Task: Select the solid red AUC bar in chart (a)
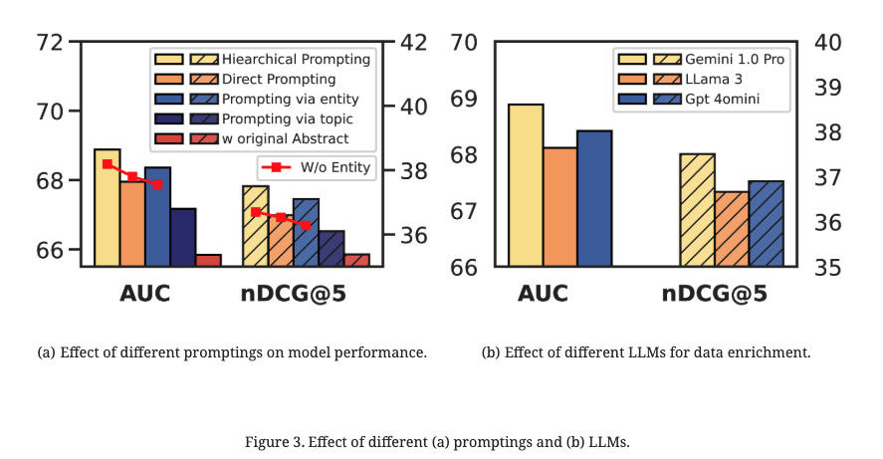[x=208, y=260]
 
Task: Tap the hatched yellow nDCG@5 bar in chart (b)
[x=698, y=210]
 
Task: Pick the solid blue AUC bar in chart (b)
[x=594, y=198]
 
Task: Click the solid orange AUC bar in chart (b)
[x=560, y=207]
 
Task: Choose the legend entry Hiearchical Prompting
[x=296, y=59]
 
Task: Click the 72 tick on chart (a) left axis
[x=47, y=43]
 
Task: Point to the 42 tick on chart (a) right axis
[x=411, y=43]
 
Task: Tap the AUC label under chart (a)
[x=145, y=294]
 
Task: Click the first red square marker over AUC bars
[x=108, y=164]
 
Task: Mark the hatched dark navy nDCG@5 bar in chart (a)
[x=331, y=248]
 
